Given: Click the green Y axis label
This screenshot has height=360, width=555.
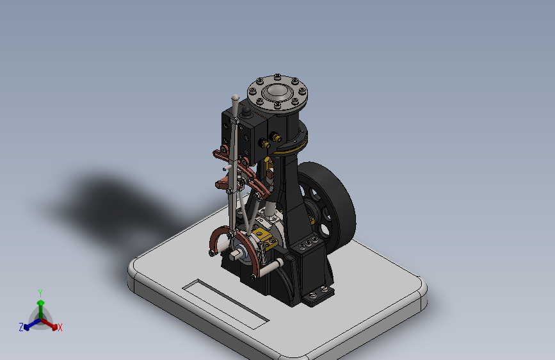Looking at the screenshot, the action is tap(40, 293).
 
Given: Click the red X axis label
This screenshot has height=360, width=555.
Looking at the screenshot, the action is tap(60, 327).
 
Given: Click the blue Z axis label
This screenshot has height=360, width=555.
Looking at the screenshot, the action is tap(21, 327).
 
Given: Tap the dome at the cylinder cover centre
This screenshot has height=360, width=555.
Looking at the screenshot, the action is tap(278, 91).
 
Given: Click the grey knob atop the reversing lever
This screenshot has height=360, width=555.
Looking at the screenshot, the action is tap(235, 97).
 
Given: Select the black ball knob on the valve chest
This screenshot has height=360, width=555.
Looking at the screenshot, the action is tap(246, 111).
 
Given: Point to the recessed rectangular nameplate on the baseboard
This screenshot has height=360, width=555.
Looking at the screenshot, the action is tap(225, 304).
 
